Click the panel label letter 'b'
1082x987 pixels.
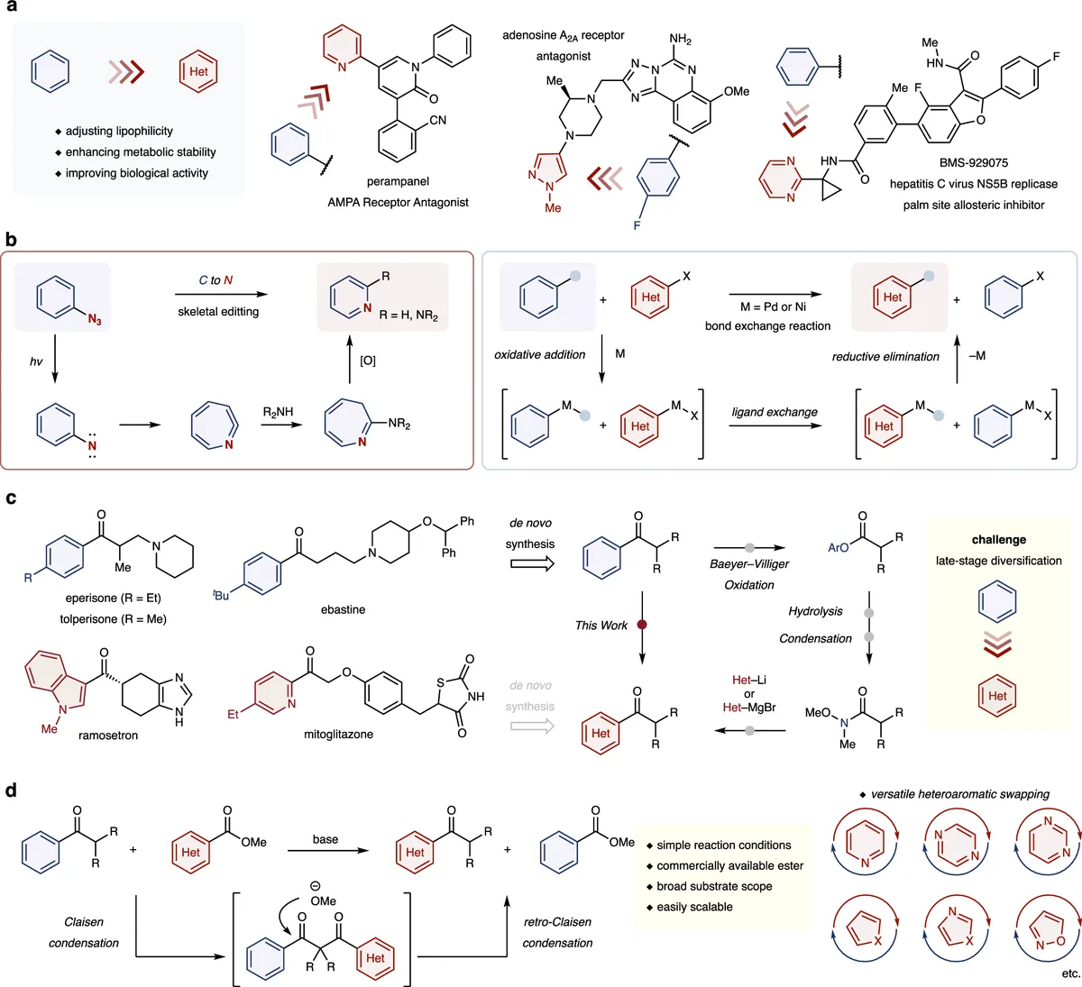11,240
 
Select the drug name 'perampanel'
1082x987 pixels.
398,181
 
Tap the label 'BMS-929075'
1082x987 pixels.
973,162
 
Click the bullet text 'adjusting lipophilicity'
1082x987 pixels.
118,131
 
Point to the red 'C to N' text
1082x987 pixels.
215,280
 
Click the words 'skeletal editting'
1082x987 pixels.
218,311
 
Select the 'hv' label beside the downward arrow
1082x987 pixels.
36,361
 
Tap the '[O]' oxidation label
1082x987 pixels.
368,361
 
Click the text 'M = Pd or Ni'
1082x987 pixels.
767,306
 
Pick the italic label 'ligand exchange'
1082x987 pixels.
775,412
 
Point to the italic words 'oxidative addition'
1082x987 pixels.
540,354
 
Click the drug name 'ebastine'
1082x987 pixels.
343,609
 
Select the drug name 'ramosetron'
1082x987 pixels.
108,736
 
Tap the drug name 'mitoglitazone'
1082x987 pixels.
338,735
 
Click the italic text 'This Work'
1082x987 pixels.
601,625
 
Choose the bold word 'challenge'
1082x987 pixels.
998,539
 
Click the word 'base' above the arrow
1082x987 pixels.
326,839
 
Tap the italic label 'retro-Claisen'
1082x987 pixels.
557,921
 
